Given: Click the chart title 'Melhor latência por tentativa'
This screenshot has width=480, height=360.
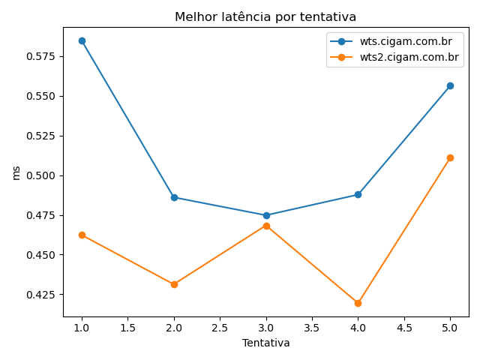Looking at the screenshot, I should pos(265,17).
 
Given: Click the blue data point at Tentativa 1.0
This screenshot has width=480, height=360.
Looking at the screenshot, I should pos(82,40).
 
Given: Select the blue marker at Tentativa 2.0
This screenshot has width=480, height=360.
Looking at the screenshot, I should pos(174,197).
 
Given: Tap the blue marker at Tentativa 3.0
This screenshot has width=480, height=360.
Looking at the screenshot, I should pos(266,215).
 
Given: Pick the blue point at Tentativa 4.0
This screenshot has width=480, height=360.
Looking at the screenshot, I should pos(358,194).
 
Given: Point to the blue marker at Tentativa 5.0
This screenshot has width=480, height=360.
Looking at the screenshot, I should pos(450,85).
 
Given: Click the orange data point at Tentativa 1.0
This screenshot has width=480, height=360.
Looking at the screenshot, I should pos(82,235).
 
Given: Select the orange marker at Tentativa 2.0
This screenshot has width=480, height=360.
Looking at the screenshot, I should pos(174,284).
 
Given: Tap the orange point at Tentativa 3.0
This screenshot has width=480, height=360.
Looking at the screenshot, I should pos(266,226).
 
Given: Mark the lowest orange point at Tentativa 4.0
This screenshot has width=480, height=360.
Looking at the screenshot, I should pos(358,303).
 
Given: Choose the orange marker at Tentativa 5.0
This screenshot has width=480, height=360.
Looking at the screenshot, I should pos(450,157).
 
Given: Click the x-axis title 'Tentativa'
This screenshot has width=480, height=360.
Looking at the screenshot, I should pos(265,343).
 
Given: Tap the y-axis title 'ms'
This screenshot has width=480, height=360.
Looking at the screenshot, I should pos(16,172).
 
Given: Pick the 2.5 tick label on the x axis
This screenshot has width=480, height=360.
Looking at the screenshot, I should pos(220,328).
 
